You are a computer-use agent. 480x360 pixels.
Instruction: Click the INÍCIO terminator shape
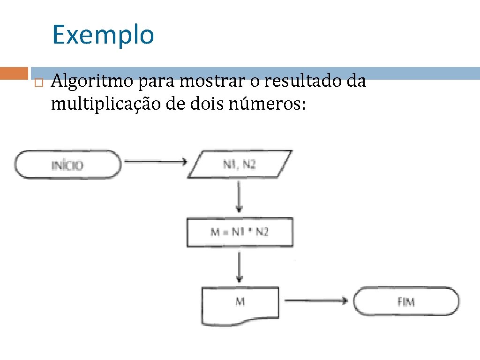pyautogui.click(x=67, y=165)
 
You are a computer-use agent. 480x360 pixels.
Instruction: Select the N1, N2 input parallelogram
pyautogui.click(x=240, y=164)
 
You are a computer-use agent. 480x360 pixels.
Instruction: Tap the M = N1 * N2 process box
pyautogui.click(x=240, y=232)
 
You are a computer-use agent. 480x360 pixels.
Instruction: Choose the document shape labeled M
pyautogui.click(x=240, y=305)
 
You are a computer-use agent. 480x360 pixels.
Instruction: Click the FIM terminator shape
pyautogui.click(x=406, y=301)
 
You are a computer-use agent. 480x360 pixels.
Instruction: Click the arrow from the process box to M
pyautogui.click(x=240, y=267)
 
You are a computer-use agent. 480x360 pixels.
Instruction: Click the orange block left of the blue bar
pyautogui.click(x=14, y=73)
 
